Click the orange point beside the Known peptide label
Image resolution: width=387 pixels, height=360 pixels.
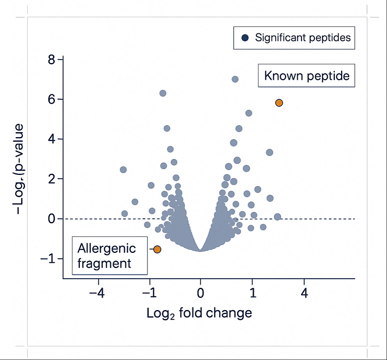pos(279,103)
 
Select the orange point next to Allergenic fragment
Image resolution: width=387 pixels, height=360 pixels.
pos(157,249)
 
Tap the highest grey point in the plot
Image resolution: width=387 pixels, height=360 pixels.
pos(235,79)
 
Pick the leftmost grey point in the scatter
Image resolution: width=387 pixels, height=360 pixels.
pos(123,169)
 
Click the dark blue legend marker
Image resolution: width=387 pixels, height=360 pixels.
pos(245,38)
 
